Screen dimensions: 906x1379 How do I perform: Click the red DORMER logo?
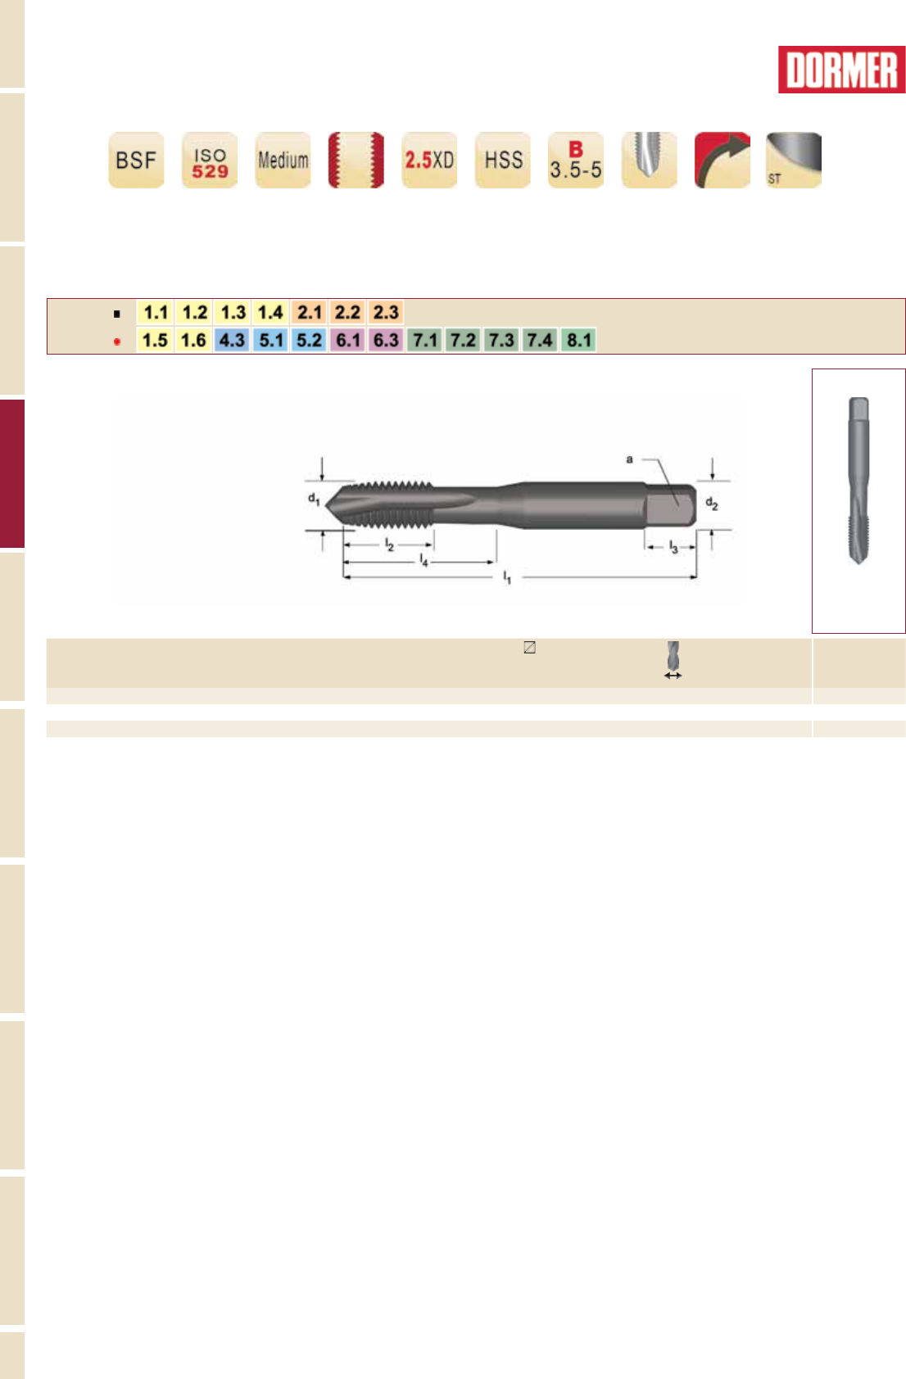[841, 70]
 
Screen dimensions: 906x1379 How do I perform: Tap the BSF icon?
[136, 160]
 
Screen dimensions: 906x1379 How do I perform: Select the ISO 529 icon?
[210, 160]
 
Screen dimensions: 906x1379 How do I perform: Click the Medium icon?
[283, 160]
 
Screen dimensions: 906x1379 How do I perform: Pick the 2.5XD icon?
[429, 160]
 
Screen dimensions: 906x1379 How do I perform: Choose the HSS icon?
[503, 160]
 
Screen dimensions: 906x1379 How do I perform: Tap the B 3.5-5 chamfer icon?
[576, 160]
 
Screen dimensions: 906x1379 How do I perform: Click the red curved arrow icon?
[723, 160]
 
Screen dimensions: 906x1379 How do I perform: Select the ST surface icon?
[794, 160]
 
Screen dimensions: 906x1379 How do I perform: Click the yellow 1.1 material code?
[156, 313]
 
